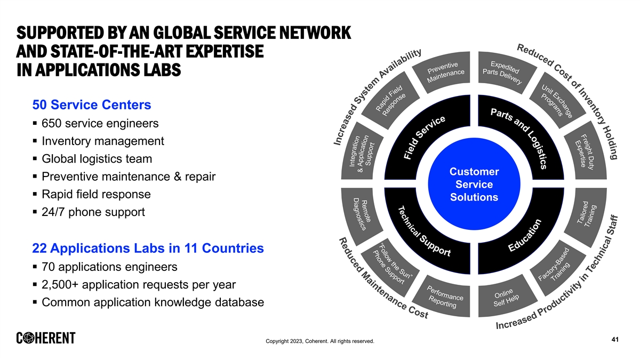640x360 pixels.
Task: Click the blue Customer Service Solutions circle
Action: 474,185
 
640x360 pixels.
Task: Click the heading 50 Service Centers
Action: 92,105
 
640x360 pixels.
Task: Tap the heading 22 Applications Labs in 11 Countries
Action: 148,249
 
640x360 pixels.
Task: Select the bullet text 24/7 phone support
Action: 93,212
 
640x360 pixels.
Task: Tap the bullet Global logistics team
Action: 97,159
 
